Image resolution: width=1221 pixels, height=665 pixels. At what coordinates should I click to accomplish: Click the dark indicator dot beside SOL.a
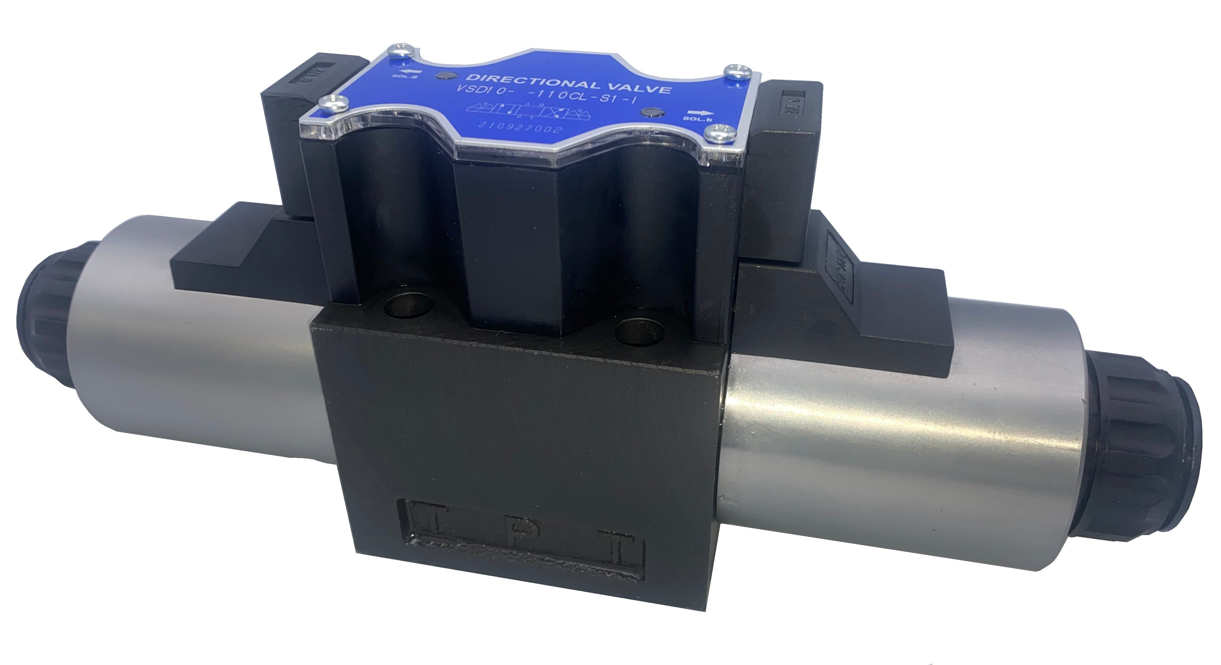(x=444, y=75)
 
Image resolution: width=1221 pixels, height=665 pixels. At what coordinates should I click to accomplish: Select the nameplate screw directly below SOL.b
(x=716, y=134)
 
